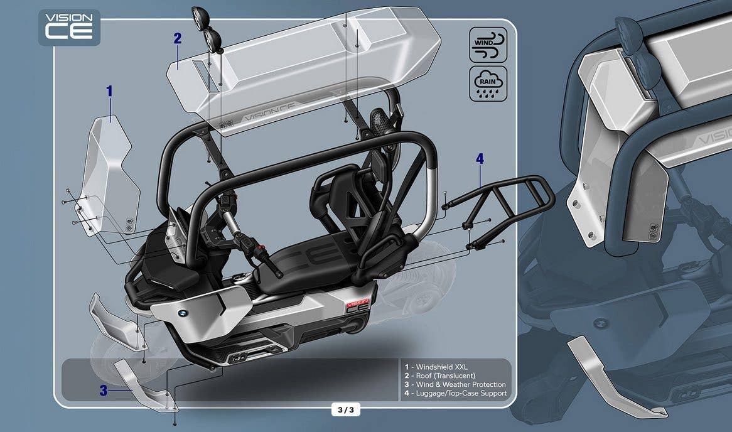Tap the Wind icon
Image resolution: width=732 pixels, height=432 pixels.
point(488,45)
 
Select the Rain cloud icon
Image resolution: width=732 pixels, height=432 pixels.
point(488,84)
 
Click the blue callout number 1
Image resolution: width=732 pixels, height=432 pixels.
point(109,91)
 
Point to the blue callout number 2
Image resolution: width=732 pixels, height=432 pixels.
point(178,38)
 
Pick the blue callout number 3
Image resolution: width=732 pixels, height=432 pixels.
point(104,391)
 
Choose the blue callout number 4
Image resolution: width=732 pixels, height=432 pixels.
point(480,159)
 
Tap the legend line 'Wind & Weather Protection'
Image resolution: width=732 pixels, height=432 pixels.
point(455,384)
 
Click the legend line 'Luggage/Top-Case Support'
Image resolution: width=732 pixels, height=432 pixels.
point(456,394)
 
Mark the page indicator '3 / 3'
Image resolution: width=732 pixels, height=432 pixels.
point(346,410)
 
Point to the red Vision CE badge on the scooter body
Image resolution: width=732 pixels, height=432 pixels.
point(357,305)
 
